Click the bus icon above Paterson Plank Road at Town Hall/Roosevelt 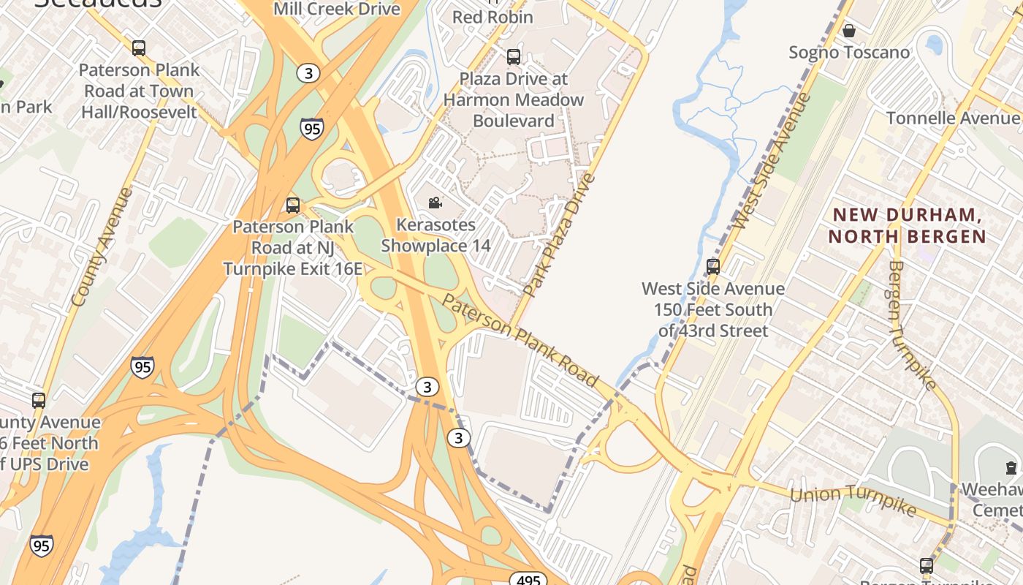(139, 48)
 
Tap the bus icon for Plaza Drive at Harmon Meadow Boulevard (514, 56)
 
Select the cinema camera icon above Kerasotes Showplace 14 (436, 203)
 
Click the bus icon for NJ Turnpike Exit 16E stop (293, 205)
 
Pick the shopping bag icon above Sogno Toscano (849, 31)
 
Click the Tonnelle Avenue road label (953, 118)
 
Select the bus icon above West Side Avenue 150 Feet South (713, 267)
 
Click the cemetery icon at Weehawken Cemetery (1011, 467)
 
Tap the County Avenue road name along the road (102, 246)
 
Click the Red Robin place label (493, 16)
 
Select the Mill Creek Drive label (337, 9)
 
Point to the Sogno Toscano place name (849, 53)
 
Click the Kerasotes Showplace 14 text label (436, 235)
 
